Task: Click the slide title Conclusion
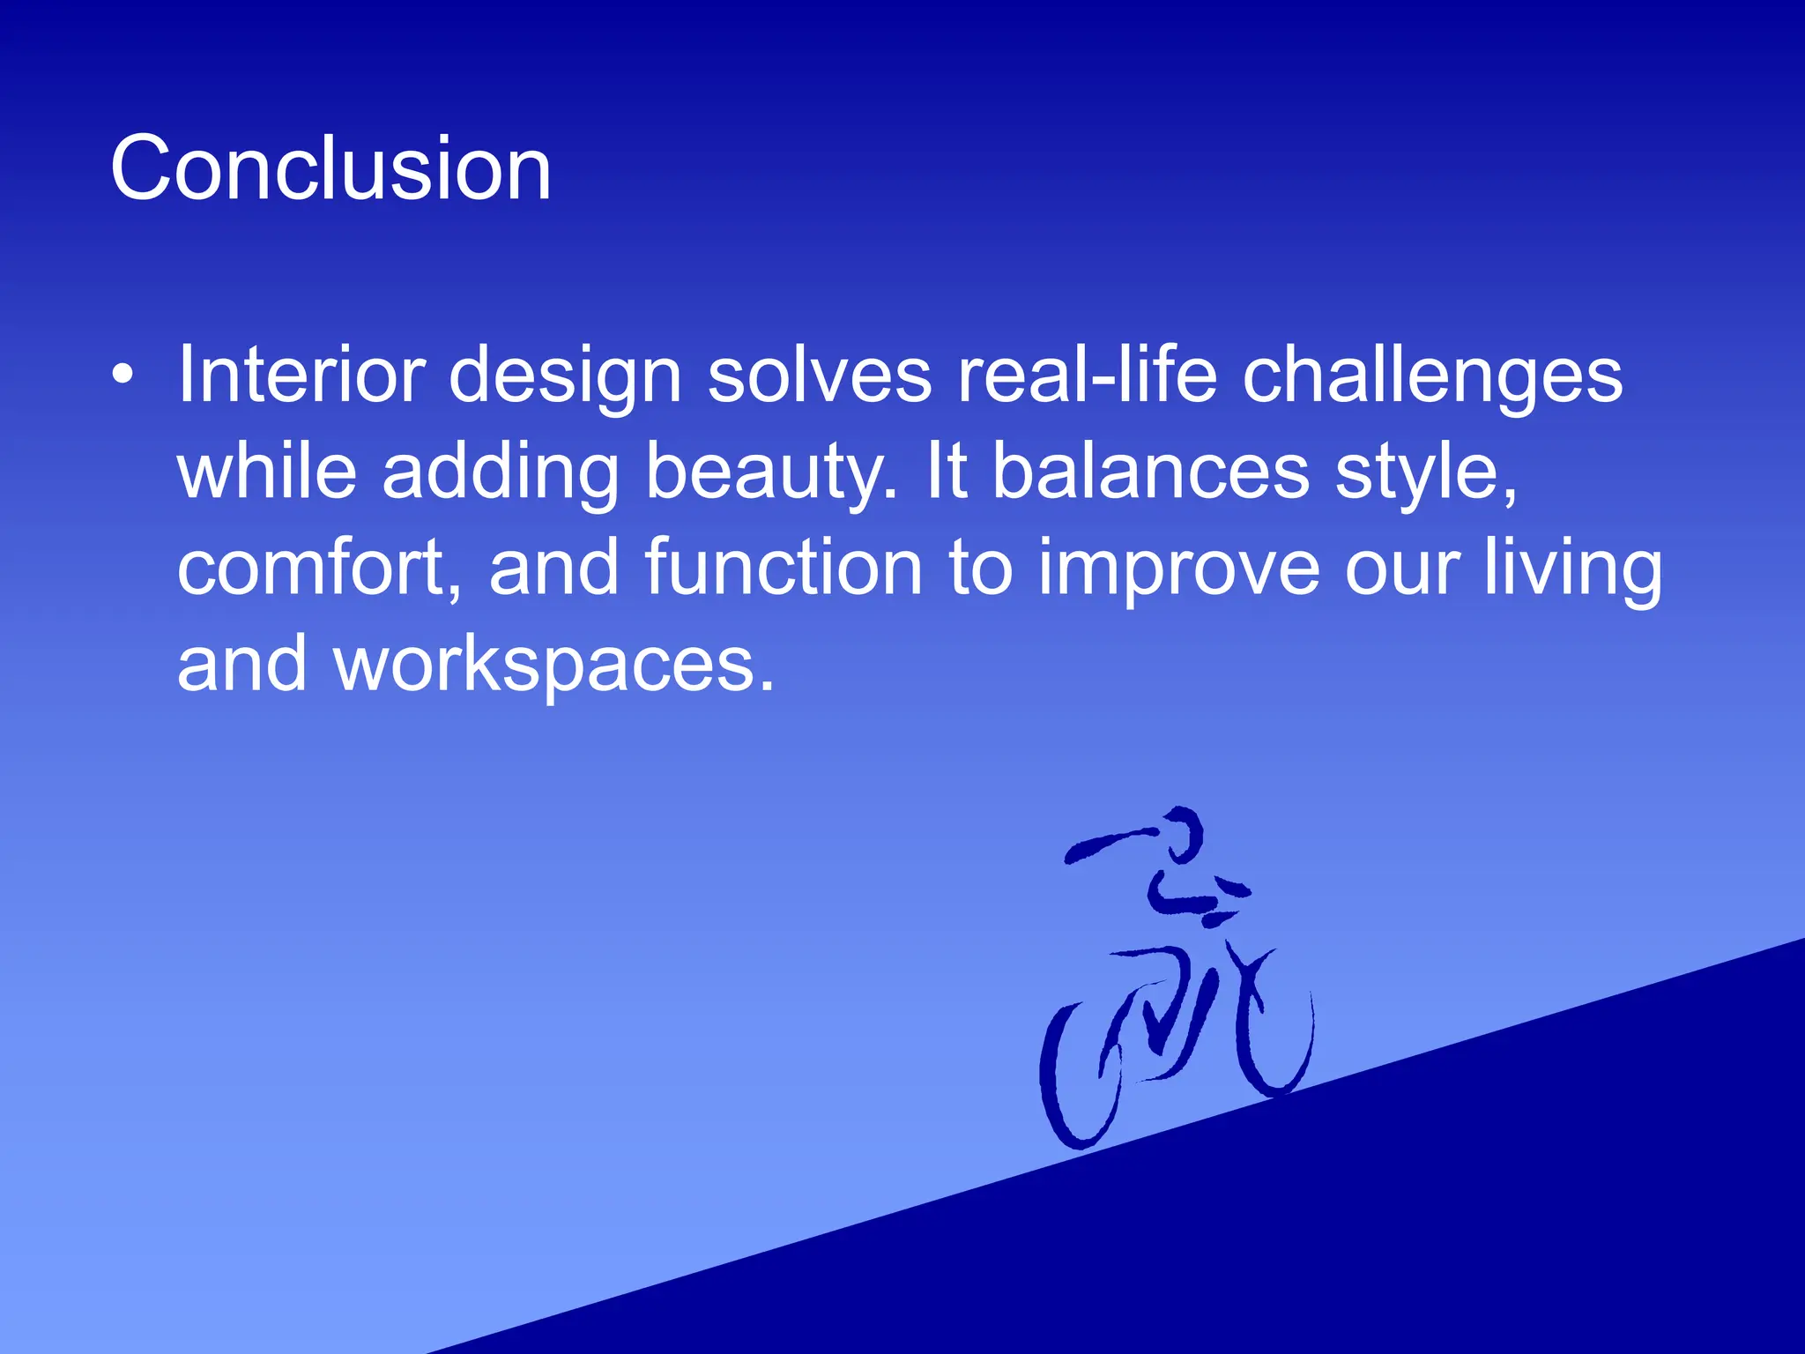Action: point(331,168)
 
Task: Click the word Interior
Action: point(301,375)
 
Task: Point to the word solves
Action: point(819,375)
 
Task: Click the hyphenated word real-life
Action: point(1087,375)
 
